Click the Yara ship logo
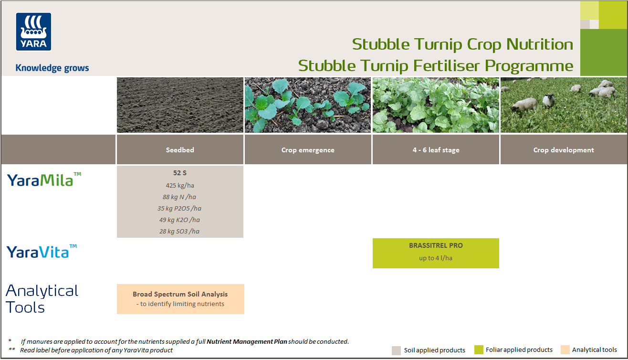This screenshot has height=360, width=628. pyautogui.click(x=33, y=32)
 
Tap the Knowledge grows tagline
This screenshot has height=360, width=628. pyautogui.click(x=52, y=68)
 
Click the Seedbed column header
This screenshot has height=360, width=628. pyautogui.click(x=180, y=150)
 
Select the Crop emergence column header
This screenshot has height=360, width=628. pyautogui.click(x=308, y=150)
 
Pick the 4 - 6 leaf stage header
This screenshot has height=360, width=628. pyautogui.click(x=436, y=150)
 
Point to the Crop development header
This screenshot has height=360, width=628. pyautogui.click(x=564, y=150)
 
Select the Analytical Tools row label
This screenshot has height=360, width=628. pyautogui.click(x=42, y=299)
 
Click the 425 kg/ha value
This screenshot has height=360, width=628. pyautogui.click(x=180, y=185)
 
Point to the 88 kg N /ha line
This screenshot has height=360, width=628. pyautogui.click(x=179, y=197)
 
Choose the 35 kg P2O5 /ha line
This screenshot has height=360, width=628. pyautogui.click(x=179, y=208)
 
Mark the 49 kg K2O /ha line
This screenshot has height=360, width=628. pyautogui.click(x=179, y=220)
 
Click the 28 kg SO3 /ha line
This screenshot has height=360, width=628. pyautogui.click(x=179, y=231)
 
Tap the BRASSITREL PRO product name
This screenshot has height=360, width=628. pyautogui.click(x=436, y=245)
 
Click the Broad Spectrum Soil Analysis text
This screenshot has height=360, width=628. pyautogui.click(x=180, y=294)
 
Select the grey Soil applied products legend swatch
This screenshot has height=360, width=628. pyautogui.click(x=396, y=350)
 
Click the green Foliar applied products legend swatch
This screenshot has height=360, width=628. pyautogui.click(x=479, y=350)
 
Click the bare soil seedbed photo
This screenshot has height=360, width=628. pyautogui.click(x=180, y=105)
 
